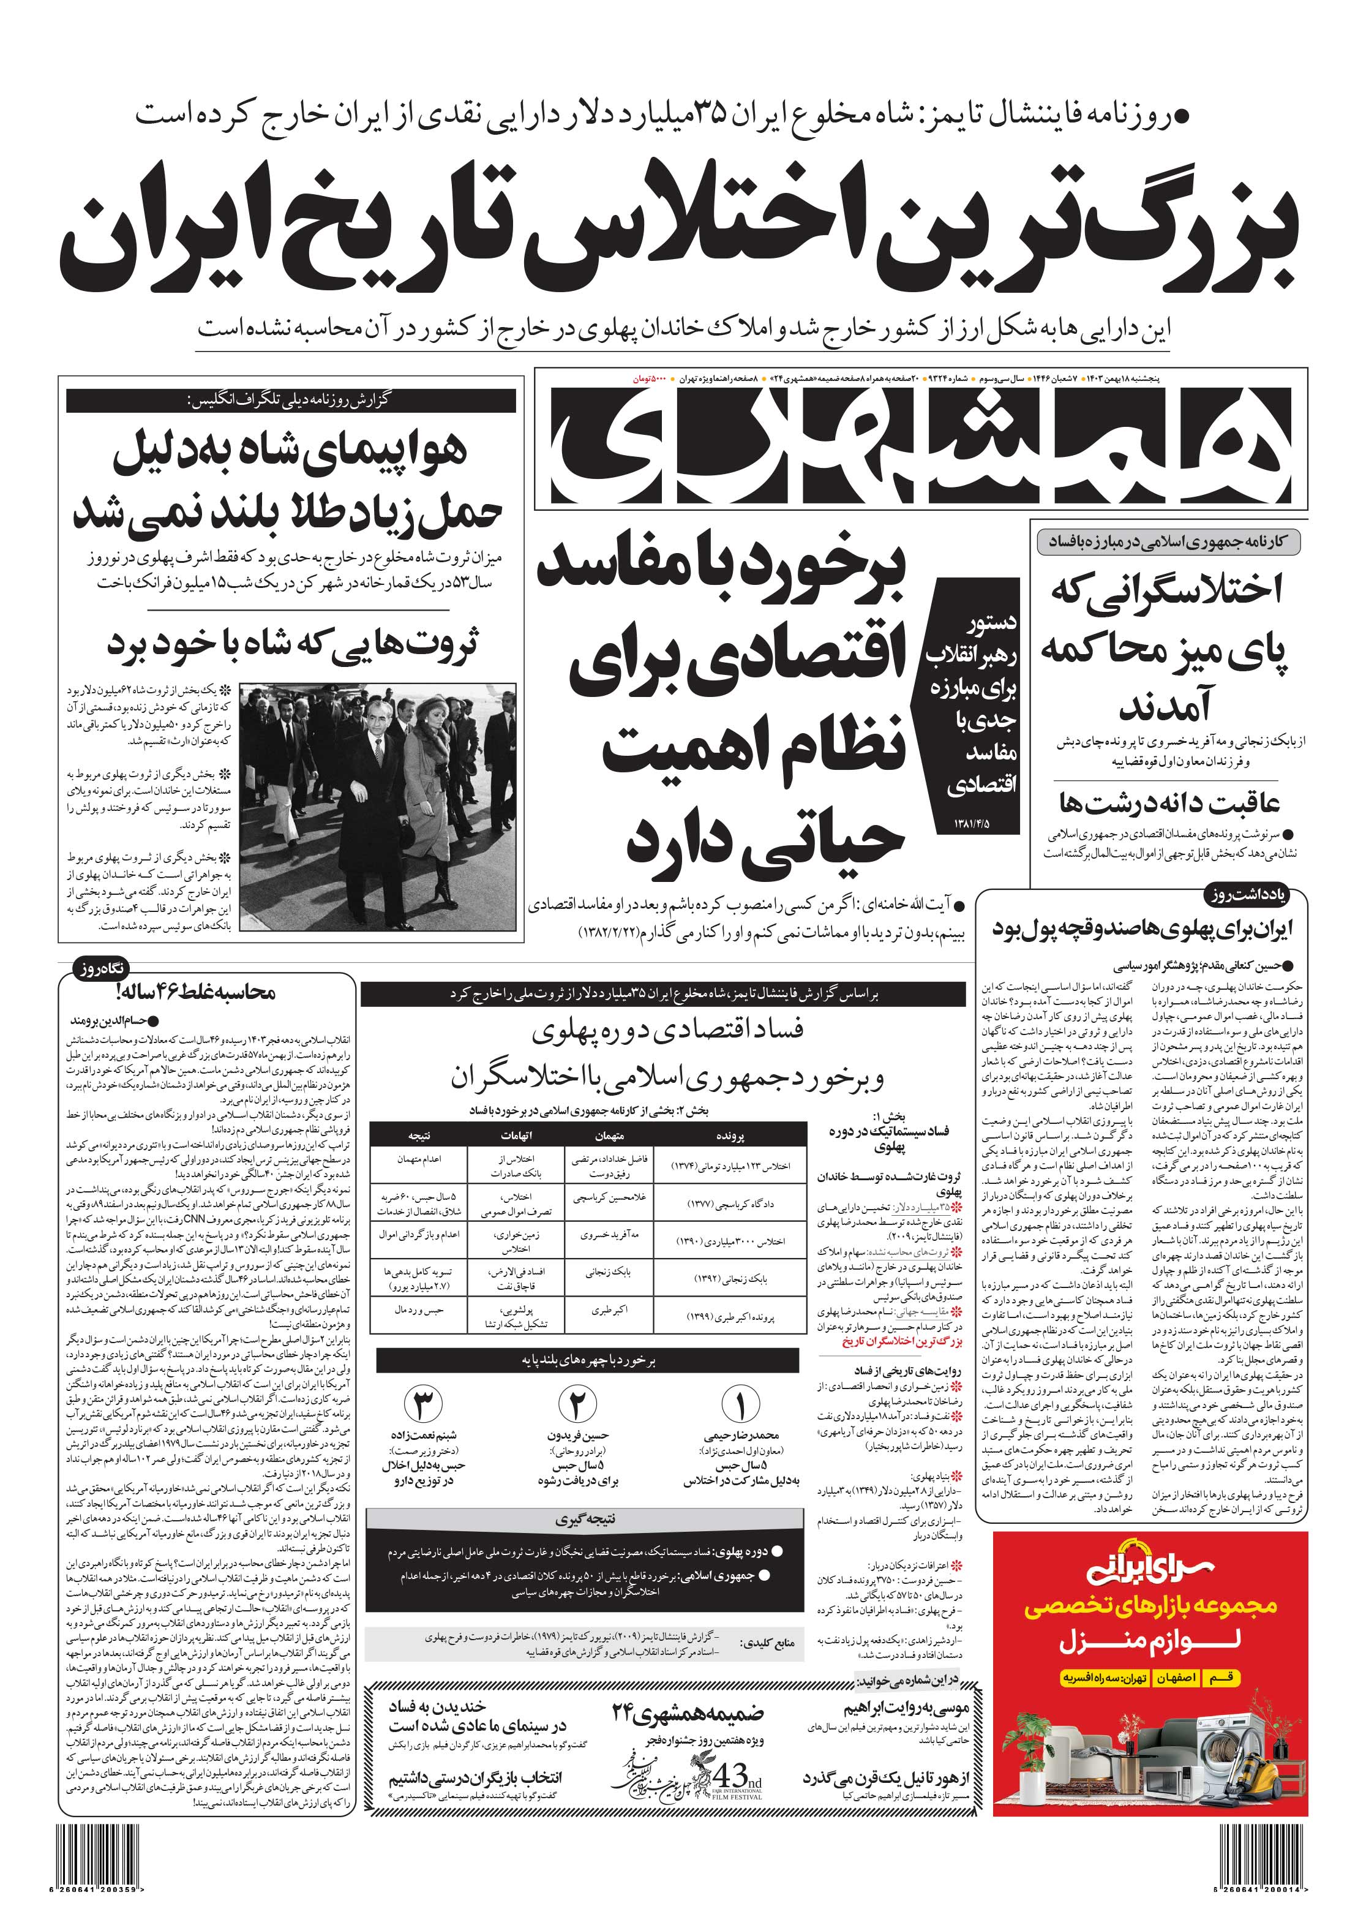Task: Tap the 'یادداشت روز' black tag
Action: (1255, 895)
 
